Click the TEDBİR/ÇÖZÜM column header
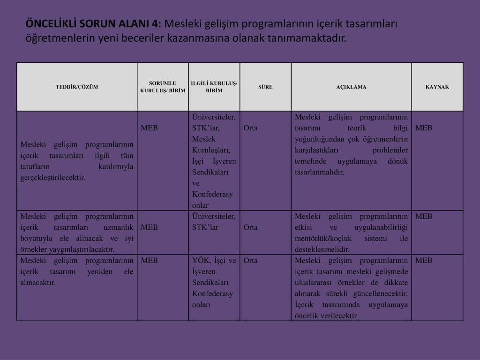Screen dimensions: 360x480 [77, 87]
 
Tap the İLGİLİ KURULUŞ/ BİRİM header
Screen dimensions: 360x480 [214, 87]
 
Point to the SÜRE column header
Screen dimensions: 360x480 [265, 87]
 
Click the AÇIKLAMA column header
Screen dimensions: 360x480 [351, 87]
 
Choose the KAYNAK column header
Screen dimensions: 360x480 [437, 87]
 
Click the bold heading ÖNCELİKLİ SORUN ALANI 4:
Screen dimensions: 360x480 [93, 24]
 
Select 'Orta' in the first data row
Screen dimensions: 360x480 [250, 128]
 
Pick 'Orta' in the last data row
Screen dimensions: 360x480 [250, 261]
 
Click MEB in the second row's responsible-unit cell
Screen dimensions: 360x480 [149, 227]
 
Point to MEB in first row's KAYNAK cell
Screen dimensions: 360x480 [424, 128]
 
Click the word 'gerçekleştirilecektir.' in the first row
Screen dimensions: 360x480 [52, 178]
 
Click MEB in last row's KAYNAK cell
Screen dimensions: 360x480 [424, 261]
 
